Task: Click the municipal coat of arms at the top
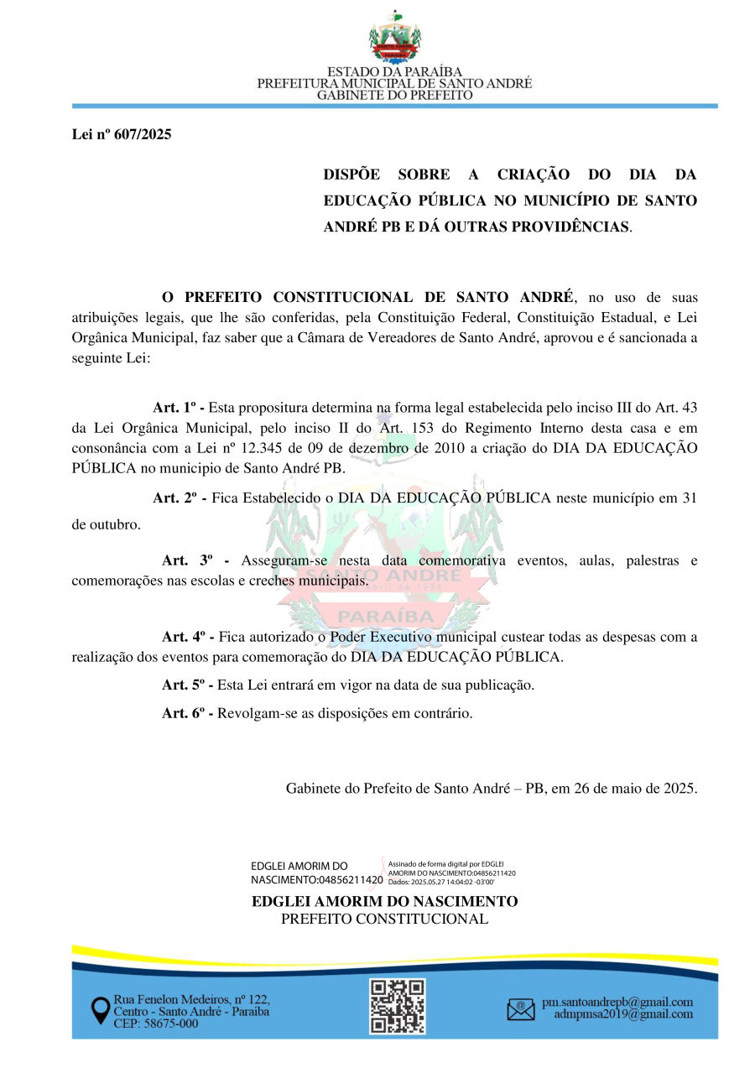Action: tap(394, 38)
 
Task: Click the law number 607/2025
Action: tap(122, 134)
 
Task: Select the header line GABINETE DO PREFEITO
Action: tap(394, 96)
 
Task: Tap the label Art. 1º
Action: tap(179, 408)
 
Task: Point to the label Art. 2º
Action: tap(179, 498)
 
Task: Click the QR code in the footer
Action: tap(398, 1005)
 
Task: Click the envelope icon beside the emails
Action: tap(521, 1008)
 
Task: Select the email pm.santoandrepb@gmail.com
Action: tap(617, 1002)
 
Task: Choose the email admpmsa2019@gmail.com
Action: tap(623, 1014)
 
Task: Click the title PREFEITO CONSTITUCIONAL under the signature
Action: tap(384, 919)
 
